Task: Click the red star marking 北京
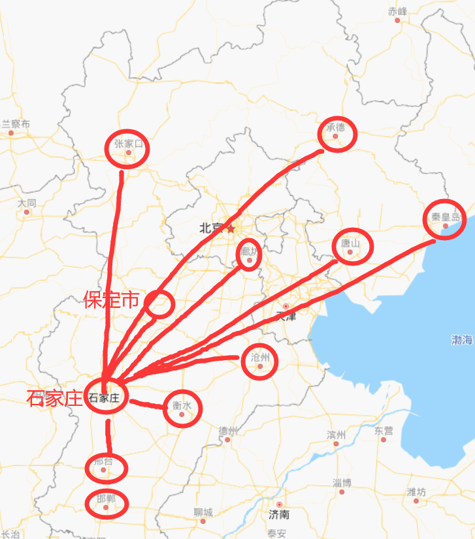(x=230, y=228)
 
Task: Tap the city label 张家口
(x=128, y=144)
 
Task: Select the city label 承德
(x=335, y=127)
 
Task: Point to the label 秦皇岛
(x=446, y=218)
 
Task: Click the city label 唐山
(x=351, y=243)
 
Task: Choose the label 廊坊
(x=250, y=252)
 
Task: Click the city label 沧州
(x=260, y=358)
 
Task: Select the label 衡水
(x=182, y=405)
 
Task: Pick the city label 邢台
(x=103, y=461)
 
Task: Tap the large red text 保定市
(x=112, y=300)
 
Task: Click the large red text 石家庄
(x=56, y=398)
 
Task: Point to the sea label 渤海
(x=461, y=339)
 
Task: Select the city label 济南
(x=279, y=514)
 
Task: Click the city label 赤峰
(x=397, y=11)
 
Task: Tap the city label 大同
(x=27, y=203)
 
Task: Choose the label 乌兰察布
(x=14, y=124)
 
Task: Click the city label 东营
(x=384, y=431)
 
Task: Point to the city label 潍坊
(x=416, y=492)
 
